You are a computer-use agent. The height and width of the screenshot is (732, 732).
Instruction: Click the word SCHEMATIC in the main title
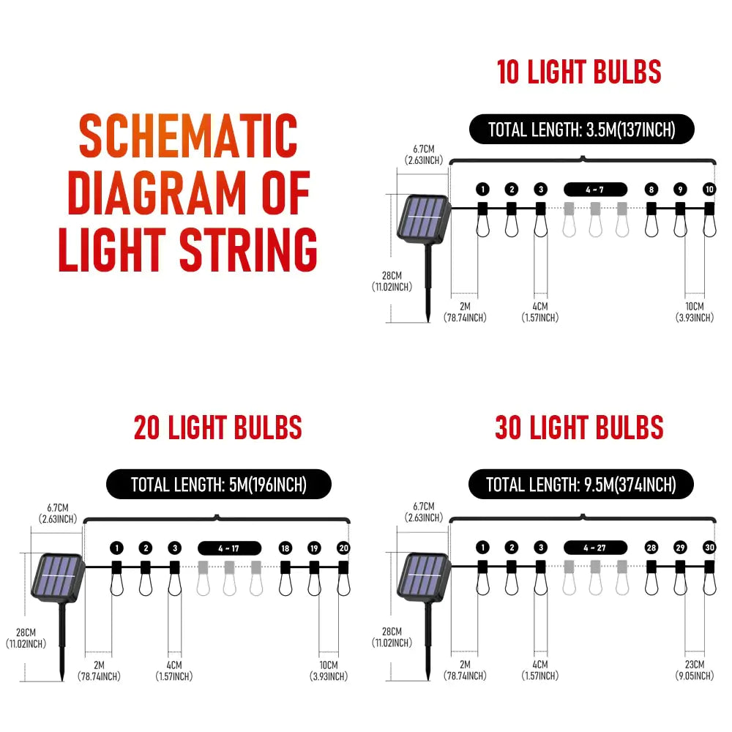coord(188,136)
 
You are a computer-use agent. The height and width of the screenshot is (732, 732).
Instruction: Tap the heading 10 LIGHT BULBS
coord(579,72)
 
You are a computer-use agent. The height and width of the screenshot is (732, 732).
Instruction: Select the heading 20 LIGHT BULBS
coord(217,427)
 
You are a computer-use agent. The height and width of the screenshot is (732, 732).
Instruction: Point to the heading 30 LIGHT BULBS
coord(579,427)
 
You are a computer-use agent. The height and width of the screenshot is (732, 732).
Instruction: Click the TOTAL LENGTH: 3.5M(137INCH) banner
coord(581,130)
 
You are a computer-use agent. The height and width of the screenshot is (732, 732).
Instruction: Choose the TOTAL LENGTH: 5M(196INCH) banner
coord(218,485)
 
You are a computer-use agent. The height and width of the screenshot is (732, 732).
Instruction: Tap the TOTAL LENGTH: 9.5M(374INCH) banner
coord(581,485)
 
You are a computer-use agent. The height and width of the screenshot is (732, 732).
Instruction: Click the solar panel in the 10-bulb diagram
coord(423,218)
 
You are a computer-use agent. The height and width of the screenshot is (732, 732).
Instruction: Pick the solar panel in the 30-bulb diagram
coord(423,577)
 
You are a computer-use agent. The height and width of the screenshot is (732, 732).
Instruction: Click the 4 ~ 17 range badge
coord(229,548)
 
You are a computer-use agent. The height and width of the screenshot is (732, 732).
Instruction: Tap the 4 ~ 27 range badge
coord(595,548)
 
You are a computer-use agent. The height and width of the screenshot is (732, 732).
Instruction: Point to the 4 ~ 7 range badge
coord(595,189)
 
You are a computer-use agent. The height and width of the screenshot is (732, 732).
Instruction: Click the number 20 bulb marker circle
coord(343,548)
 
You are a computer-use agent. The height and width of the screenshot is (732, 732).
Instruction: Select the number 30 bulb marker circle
coord(709,548)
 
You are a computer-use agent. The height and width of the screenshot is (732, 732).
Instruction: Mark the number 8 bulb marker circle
coord(651,190)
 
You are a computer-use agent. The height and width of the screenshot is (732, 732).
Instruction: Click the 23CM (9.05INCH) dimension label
coord(694,671)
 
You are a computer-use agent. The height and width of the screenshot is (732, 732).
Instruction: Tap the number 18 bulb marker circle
coord(285,548)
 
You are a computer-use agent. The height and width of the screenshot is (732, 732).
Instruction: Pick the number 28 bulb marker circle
coord(651,548)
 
